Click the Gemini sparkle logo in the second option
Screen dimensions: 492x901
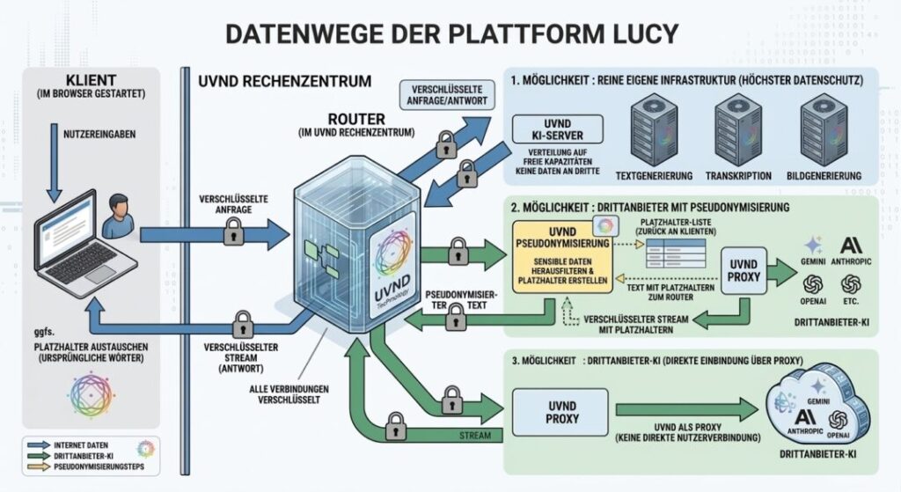(812, 246)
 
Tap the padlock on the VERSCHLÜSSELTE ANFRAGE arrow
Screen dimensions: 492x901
(233, 232)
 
